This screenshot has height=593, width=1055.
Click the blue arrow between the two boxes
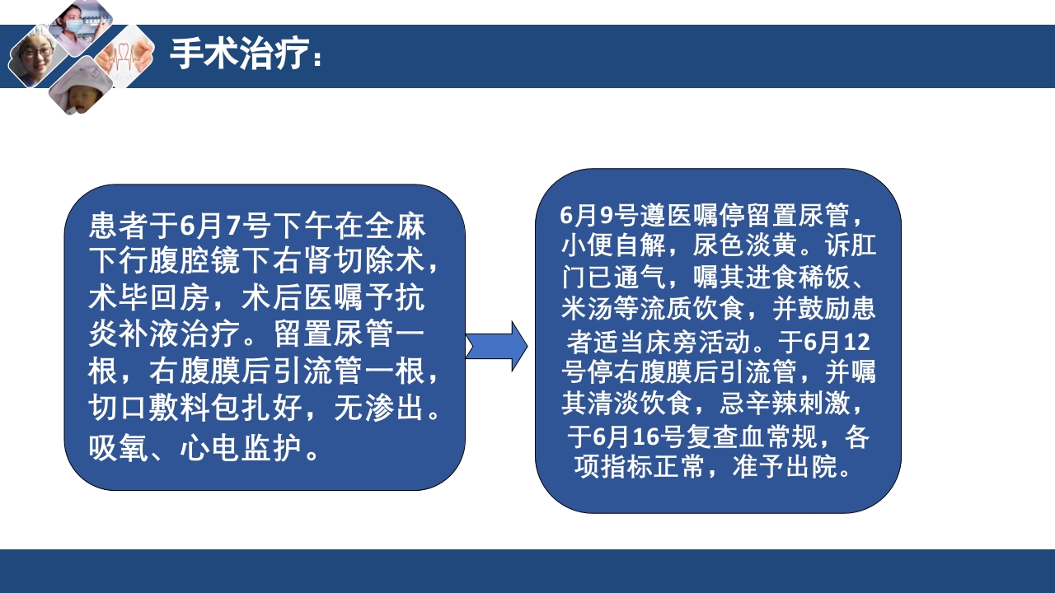497,346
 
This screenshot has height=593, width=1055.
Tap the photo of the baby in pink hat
80,86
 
